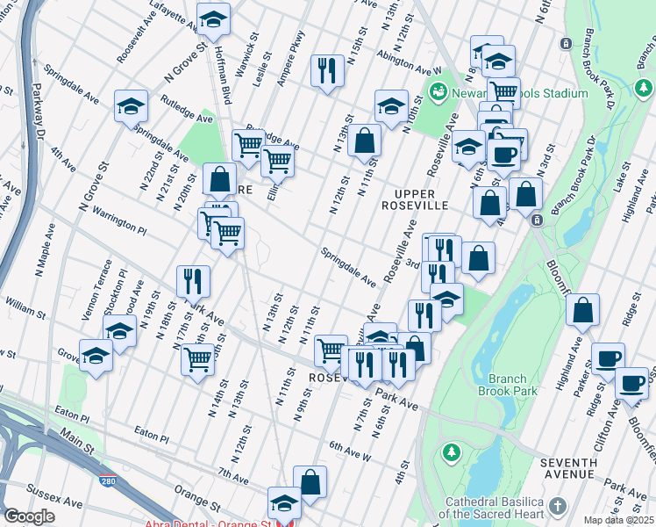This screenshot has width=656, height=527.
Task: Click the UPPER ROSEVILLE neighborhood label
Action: click(421, 199)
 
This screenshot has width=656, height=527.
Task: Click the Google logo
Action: click(29, 516)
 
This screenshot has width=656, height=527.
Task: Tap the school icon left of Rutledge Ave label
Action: click(132, 105)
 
